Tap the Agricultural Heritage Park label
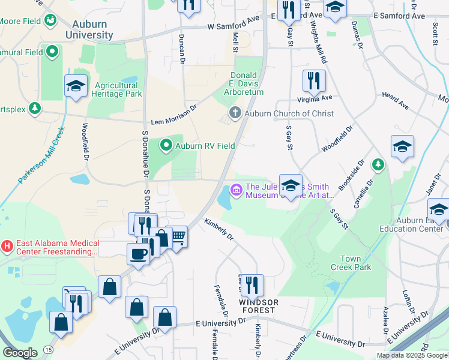[x=116, y=89]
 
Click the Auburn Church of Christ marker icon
[x=235, y=113]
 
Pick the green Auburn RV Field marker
[x=166, y=145]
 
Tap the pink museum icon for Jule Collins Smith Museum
[x=236, y=190]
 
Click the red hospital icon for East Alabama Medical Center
[x=7, y=246]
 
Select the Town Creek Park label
[x=355, y=263]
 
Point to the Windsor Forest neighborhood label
[x=258, y=306]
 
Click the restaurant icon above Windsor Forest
[x=251, y=286]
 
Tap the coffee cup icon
[x=138, y=254]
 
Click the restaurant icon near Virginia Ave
[x=313, y=80]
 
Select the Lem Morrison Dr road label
[x=173, y=113]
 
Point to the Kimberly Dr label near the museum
[x=218, y=229]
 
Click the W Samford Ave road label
[x=236, y=26]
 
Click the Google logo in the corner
[x=19, y=352]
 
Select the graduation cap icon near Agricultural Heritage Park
[x=76, y=85]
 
